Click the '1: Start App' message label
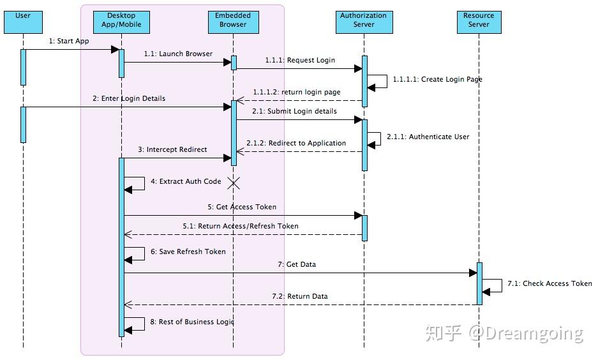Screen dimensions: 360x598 [69, 41]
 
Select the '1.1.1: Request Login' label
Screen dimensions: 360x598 [301, 61]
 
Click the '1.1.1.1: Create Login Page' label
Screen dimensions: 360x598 [437, 80]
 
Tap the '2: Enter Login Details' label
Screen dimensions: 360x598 [129, 99]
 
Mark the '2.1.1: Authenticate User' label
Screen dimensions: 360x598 [428, 137]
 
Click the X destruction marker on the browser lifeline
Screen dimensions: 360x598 [234, 184]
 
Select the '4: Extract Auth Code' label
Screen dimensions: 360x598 [186, 182]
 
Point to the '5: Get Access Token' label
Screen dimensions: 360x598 [242, 207]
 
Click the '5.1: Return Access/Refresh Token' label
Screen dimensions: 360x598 [241, 227]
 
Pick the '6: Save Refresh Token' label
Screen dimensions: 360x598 [188, 252]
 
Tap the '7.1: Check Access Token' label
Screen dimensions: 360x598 [549, 284]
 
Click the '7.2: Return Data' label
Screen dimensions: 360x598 [300, 297]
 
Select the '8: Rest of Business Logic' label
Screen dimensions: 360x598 [192, 322]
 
